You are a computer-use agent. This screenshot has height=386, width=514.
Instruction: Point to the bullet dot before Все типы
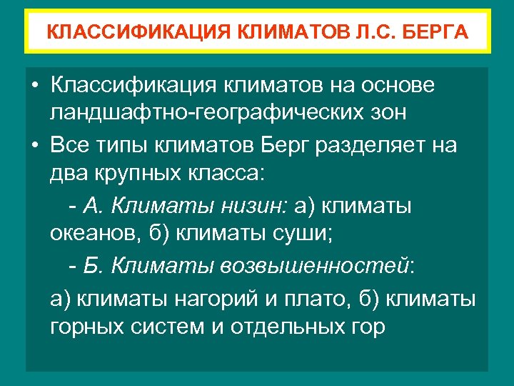pos(35,145)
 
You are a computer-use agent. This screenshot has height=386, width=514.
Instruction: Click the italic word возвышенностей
pos(314,267)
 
